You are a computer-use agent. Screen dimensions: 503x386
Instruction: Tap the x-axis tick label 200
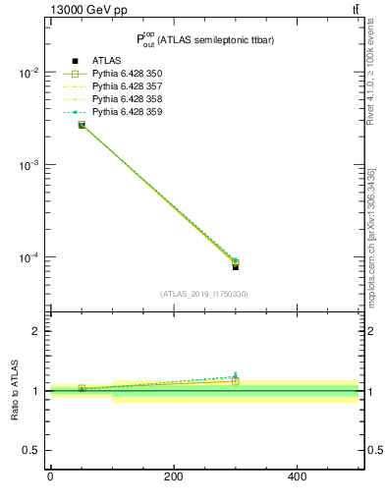click(173, 477)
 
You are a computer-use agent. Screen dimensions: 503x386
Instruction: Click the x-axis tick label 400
click(297, 477)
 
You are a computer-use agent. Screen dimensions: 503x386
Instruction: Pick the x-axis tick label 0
click(50, 477)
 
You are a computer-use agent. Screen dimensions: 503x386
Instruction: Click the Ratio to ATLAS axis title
click(15, 391)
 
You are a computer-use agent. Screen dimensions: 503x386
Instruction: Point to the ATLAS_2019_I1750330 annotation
click(204, 293)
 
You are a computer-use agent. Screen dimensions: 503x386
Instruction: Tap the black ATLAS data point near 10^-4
click(236, 266)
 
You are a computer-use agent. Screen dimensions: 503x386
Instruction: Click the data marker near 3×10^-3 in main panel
click(82, 125)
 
